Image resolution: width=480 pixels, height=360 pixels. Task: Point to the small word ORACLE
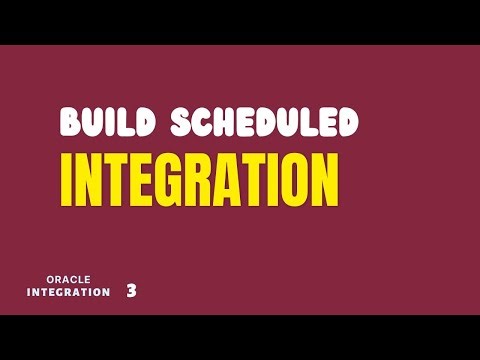pyautogui.click(x=69, y=279)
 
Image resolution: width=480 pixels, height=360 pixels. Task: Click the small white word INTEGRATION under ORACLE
pyautogui.click(x=69, y=292)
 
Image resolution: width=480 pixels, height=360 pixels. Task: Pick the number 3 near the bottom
pyautogui.click(x=131, y=291)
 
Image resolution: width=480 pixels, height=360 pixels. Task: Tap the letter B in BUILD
pyautogui.click(x=71, y=122)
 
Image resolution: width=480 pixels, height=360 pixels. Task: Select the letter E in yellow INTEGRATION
pyautogui.click(x=138, y=179)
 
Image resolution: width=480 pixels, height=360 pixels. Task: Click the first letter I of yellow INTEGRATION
pyautogui.click(x=67, y=179)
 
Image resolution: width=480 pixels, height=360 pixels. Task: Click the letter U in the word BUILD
pyautogui.click(x=92, y=122)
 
